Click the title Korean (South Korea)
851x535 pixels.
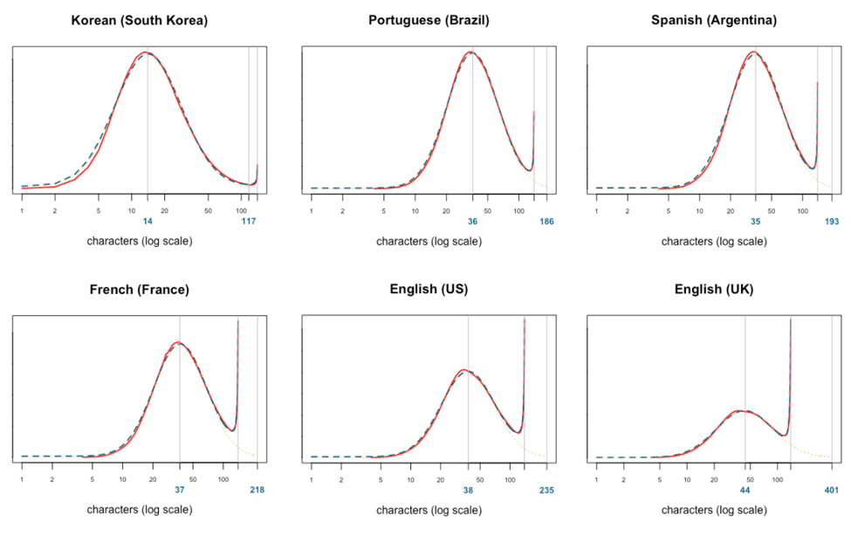tap(140, 20)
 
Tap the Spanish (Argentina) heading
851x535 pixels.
tap(713, 20)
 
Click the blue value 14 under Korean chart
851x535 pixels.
tap(148, 222)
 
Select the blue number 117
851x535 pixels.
tap(249, 222)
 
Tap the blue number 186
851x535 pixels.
tap(546, 222)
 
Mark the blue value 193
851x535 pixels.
tap(831, 222)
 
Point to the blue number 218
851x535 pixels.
tap(257, 490)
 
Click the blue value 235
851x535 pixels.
tap(546, 490)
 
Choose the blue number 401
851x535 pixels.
tap(831, 490)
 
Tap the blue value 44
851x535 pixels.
tap(745, 490)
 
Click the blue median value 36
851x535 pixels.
tap(472, 222)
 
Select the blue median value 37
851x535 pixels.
tap(179, 490)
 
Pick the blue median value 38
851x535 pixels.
tap(468, 490)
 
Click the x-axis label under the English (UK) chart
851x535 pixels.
tap(713, 510)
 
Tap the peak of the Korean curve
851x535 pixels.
tap(146, 52)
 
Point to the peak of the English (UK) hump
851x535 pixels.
tap(742, 410)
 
